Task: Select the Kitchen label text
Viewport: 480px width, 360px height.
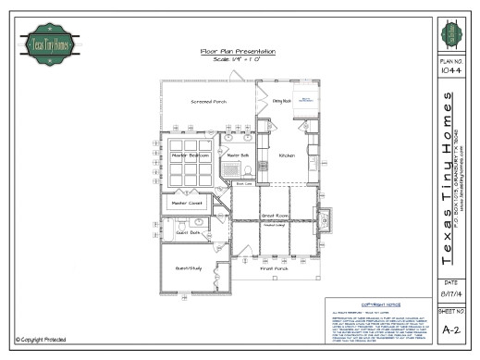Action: (x=287, y=155)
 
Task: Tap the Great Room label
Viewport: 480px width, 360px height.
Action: (x=274, y=217)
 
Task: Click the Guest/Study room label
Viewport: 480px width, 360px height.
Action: (x=189, y=267)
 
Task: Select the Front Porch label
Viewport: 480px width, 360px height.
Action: (x=274, y=268)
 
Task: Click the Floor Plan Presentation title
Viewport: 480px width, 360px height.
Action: (x=236, y=51)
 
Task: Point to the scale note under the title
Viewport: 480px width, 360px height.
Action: (x=236, y=59)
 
